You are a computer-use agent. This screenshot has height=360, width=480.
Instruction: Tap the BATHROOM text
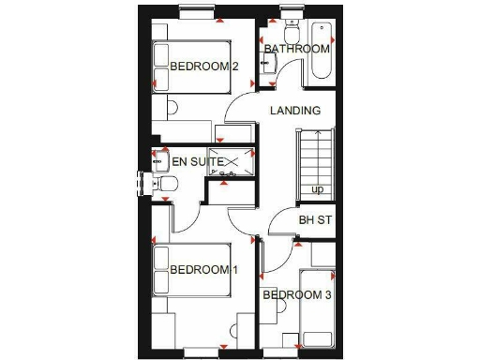[296, 49]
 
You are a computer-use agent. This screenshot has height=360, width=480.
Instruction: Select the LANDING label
[295, 111]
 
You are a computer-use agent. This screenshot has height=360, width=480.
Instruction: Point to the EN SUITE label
[197, 162]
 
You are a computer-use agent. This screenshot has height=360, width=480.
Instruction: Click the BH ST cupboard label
[316, 221]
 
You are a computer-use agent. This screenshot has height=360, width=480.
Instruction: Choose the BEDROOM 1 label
[204, 270]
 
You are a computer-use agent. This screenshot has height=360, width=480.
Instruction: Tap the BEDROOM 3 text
[296, 295]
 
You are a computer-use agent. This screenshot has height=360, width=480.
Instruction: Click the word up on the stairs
[318, 190]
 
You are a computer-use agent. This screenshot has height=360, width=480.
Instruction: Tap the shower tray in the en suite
[231, 162]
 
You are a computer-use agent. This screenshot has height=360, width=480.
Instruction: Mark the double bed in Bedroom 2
[192, 66]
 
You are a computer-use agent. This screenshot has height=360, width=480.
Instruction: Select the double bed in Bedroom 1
[192, 271]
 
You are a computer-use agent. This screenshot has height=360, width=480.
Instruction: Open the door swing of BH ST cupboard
[278, 225]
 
